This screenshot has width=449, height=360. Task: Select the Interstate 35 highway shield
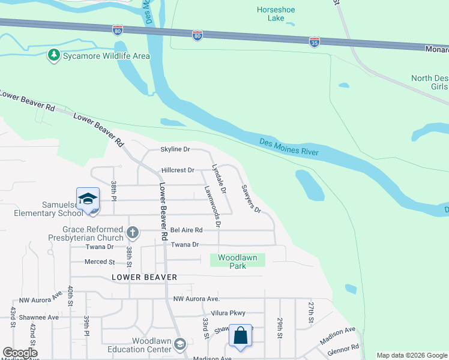(x=314, y=41)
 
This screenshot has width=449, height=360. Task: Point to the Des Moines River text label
(x=289, y=148)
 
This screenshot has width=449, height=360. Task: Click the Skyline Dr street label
(x=175, y=149)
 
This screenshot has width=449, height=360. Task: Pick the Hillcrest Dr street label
(x=177, y=170)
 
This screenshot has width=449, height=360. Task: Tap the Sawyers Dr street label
(x=251, y=199)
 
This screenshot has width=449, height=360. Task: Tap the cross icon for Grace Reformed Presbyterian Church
(x=133, y=232)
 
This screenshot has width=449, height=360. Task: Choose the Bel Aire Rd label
(x=187, y=230)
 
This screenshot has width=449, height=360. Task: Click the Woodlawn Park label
(x=237, y=262)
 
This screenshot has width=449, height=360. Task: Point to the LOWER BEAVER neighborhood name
(x=144, y=277)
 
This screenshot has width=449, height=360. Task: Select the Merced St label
(x=100, y=262)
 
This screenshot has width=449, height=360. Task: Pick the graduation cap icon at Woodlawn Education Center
(x=180, y=344)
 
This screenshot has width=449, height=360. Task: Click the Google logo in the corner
(x=19, y=353)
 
